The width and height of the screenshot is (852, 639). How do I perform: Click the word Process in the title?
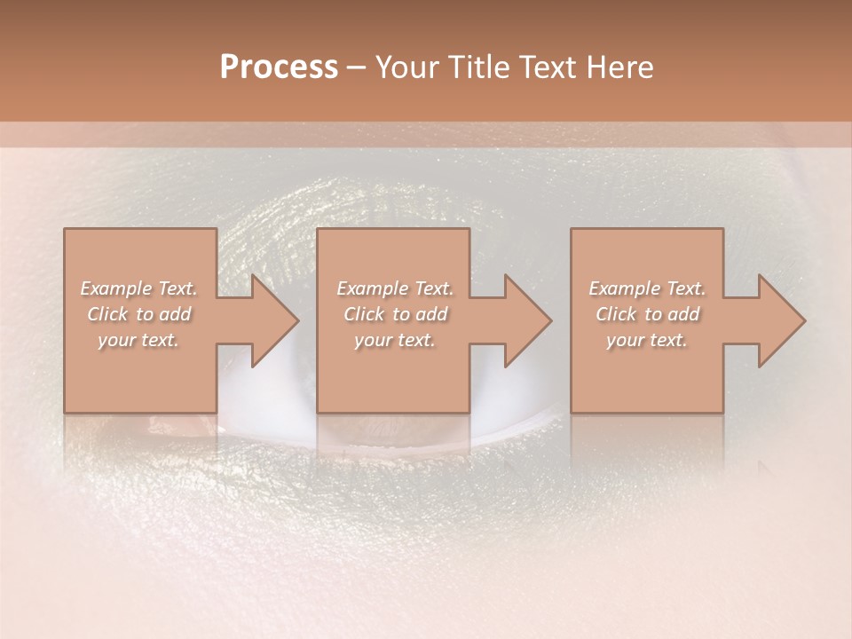pos(279,67)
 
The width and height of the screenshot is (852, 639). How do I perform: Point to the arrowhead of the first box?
pos(271,320)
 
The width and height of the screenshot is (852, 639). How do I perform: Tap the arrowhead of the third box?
pos(777,320)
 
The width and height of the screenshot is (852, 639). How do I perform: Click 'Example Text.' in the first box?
pos(139,288)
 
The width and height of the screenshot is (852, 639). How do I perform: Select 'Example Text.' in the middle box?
pos(395,288)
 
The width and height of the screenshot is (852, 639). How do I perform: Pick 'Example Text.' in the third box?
pos(647,288)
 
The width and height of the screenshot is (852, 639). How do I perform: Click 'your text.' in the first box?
pos(138,340)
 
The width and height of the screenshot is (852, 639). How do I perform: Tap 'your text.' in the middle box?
pos(394,340)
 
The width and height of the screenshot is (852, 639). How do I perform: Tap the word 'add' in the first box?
pos(176,314)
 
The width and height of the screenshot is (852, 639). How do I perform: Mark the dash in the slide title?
pos(357,67)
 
